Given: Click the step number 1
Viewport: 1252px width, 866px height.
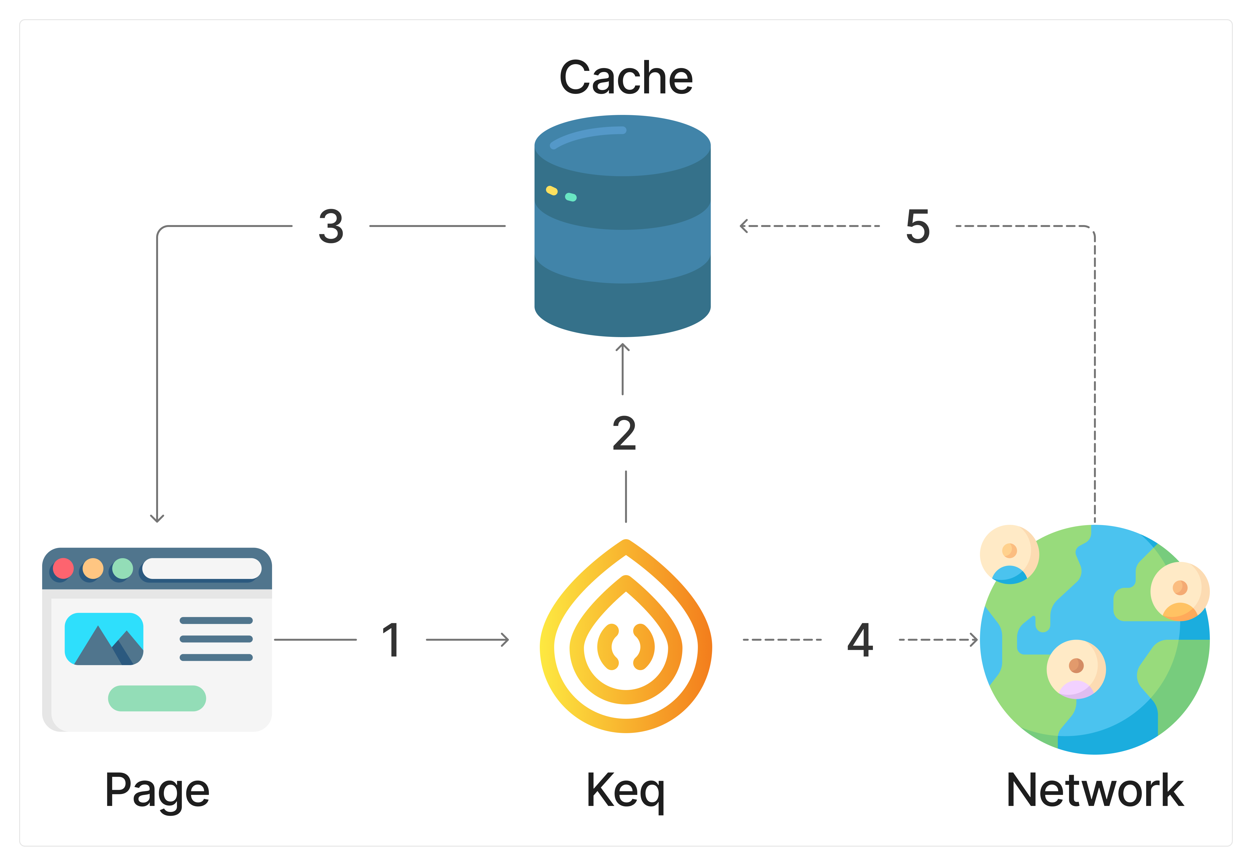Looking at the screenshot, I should click(x=391, y=640).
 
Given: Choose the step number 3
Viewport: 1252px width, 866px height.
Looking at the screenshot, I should click(x=331, y=226).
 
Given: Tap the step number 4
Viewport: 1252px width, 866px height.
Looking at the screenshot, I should click(x=860, y=640).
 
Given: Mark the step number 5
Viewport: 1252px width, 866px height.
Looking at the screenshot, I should click(x=918, y=226).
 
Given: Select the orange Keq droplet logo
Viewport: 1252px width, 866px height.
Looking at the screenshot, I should click(x=626, y=638).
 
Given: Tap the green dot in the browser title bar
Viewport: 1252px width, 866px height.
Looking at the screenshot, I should click(x=123, y=568).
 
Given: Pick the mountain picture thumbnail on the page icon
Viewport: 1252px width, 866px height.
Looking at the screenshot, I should click(x=104, y=639).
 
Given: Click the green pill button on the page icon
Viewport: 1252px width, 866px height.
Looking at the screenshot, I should click(x=157, y=698).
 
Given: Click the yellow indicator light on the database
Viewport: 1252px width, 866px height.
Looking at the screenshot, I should click(x=551, y=190).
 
